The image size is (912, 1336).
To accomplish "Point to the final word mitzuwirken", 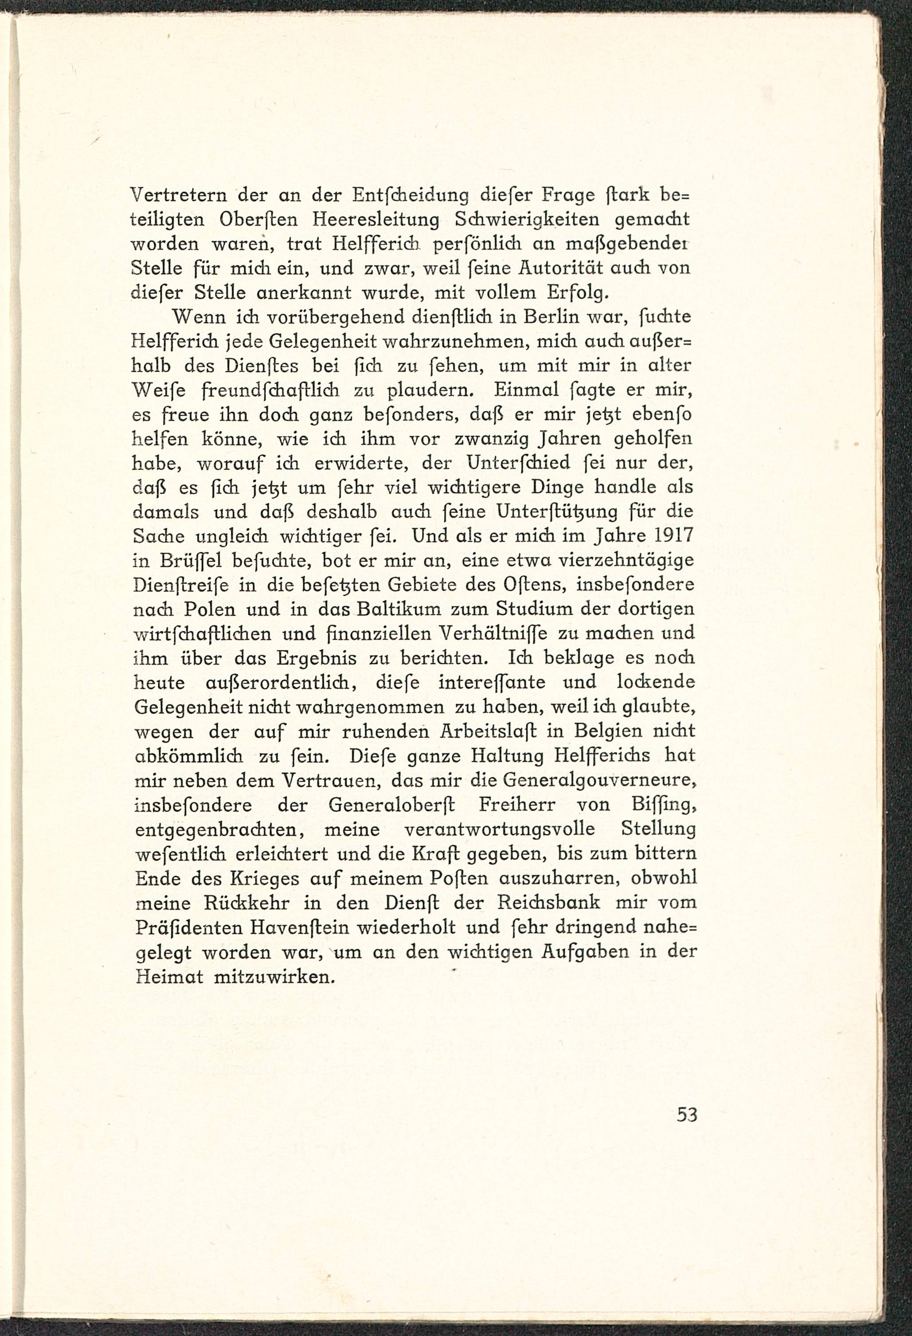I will click(274, 977).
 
